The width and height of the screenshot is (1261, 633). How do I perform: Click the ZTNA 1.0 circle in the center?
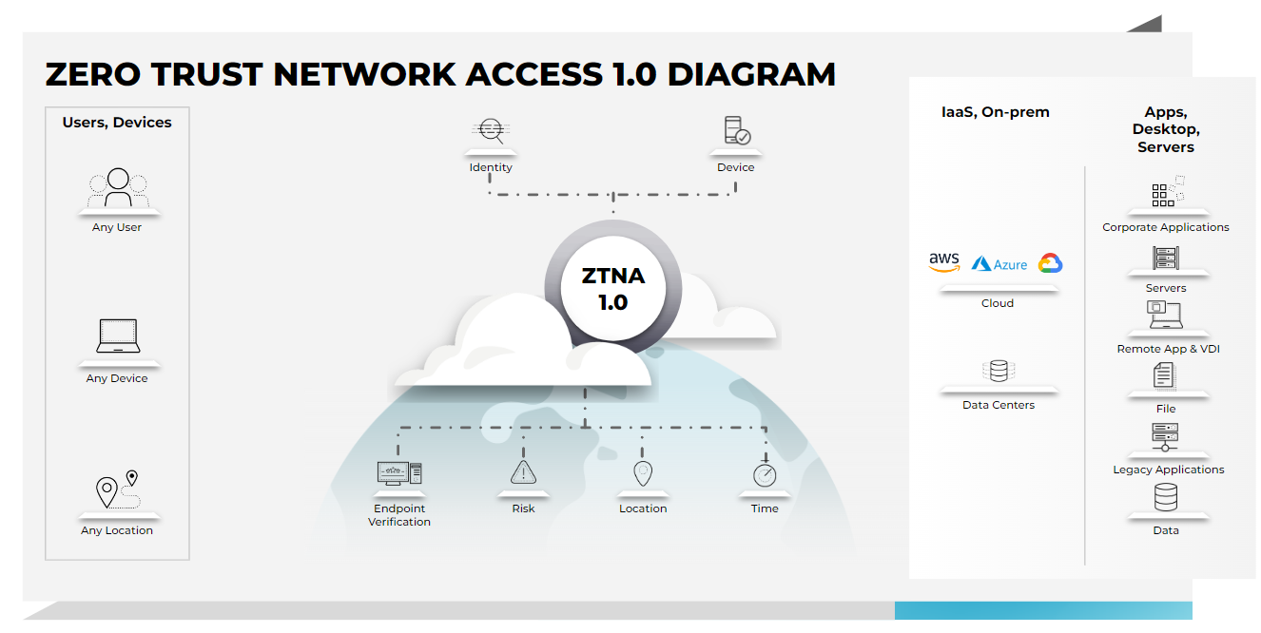click(613, 289)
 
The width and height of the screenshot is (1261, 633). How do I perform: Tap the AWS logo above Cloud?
click(944, 262)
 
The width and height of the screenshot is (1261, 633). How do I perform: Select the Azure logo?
click(999, 264)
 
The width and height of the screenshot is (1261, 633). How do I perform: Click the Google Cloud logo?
click(1050, 263)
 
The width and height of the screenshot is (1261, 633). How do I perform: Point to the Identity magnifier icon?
click(491, 131)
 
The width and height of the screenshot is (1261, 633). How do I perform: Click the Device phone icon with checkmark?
click(736, 131)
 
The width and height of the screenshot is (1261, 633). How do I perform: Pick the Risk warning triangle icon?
click(523, 471)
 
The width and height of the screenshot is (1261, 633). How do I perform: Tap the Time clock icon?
click(765, 473)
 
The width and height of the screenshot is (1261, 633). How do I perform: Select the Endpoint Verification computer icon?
click(399, 472)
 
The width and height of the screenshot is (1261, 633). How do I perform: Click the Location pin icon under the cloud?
click(644, 472)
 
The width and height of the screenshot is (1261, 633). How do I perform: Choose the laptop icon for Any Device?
click(118, 336)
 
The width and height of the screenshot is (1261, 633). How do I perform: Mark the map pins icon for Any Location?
click(118, 489)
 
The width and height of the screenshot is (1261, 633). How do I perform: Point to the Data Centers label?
click(999, 405)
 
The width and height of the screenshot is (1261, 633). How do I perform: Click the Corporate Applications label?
click(1166, 227)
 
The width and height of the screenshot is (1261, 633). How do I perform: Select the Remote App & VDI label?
click(1168, 349)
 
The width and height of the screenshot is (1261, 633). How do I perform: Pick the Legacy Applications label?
click(1169, 470)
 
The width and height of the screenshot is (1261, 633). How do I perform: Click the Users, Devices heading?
click(117, 123)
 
